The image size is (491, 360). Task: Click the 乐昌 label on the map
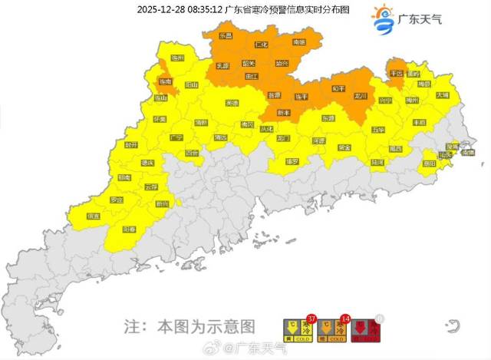point(226,36)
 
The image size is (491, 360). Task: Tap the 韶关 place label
point(248,64)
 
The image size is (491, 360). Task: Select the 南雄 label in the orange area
point(299,42)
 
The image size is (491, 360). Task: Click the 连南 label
point(166,81)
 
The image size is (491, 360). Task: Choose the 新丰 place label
point(284,113)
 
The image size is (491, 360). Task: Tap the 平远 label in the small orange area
point(397,74)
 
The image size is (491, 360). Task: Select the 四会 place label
point(192,153)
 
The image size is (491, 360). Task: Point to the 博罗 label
point(292,162)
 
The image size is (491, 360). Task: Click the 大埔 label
point(443,95)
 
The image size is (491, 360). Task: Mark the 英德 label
point(232,103)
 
